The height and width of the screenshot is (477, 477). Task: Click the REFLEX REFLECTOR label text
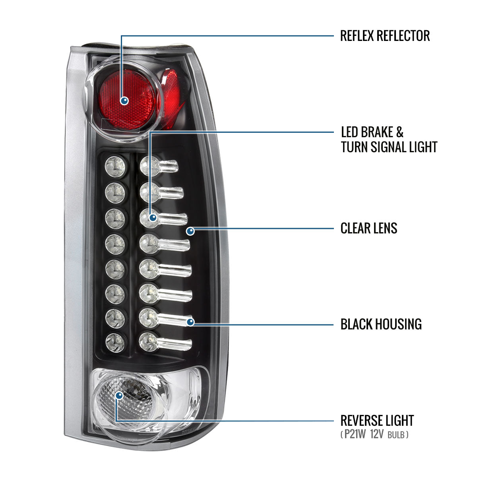[385, 36]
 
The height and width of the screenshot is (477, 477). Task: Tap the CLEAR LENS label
[369, 228]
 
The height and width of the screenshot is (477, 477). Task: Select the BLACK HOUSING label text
[381, 324]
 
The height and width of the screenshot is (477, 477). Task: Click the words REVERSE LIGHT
[377, 421]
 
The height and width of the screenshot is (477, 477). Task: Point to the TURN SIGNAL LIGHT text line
[389, 147]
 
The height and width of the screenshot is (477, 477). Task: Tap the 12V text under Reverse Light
[376, 435]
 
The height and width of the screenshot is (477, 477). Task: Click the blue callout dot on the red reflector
[125, 101]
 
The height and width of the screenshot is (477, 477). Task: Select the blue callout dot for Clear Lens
[190, 231]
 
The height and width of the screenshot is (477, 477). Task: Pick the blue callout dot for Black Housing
[191, 322]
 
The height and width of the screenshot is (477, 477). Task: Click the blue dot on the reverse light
[119, 395]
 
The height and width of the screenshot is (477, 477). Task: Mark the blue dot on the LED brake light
[153, 217]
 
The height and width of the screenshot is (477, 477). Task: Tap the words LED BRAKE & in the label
[372, 132]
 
